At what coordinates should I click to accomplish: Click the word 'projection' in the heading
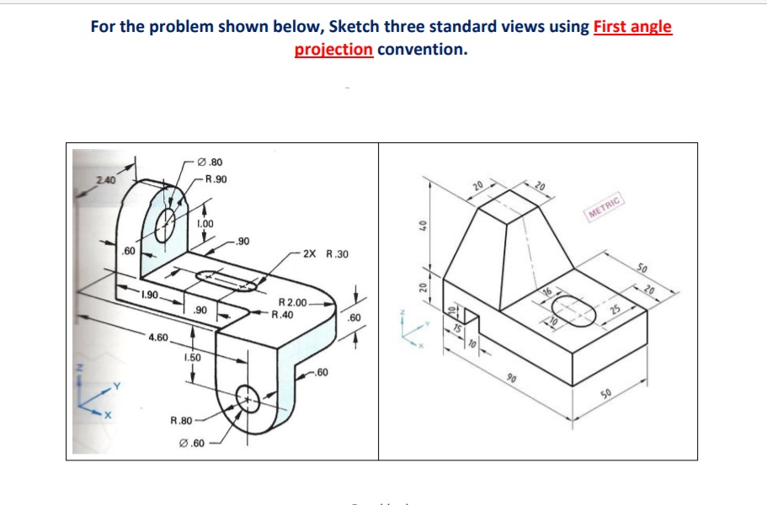point(333,49)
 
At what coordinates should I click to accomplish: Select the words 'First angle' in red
point(632,26)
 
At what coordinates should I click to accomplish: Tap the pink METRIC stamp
point(605,205)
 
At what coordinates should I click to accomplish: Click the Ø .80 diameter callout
point(210,162)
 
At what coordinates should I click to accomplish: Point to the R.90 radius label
point(216,179)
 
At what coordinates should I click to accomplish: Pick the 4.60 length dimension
point(158,338)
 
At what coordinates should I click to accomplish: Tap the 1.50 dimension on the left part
point(194,358)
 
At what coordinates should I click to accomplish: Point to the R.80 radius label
point(183,418)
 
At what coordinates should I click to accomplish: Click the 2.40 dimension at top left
point(106,179)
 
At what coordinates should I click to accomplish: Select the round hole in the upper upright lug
point(165,225)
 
